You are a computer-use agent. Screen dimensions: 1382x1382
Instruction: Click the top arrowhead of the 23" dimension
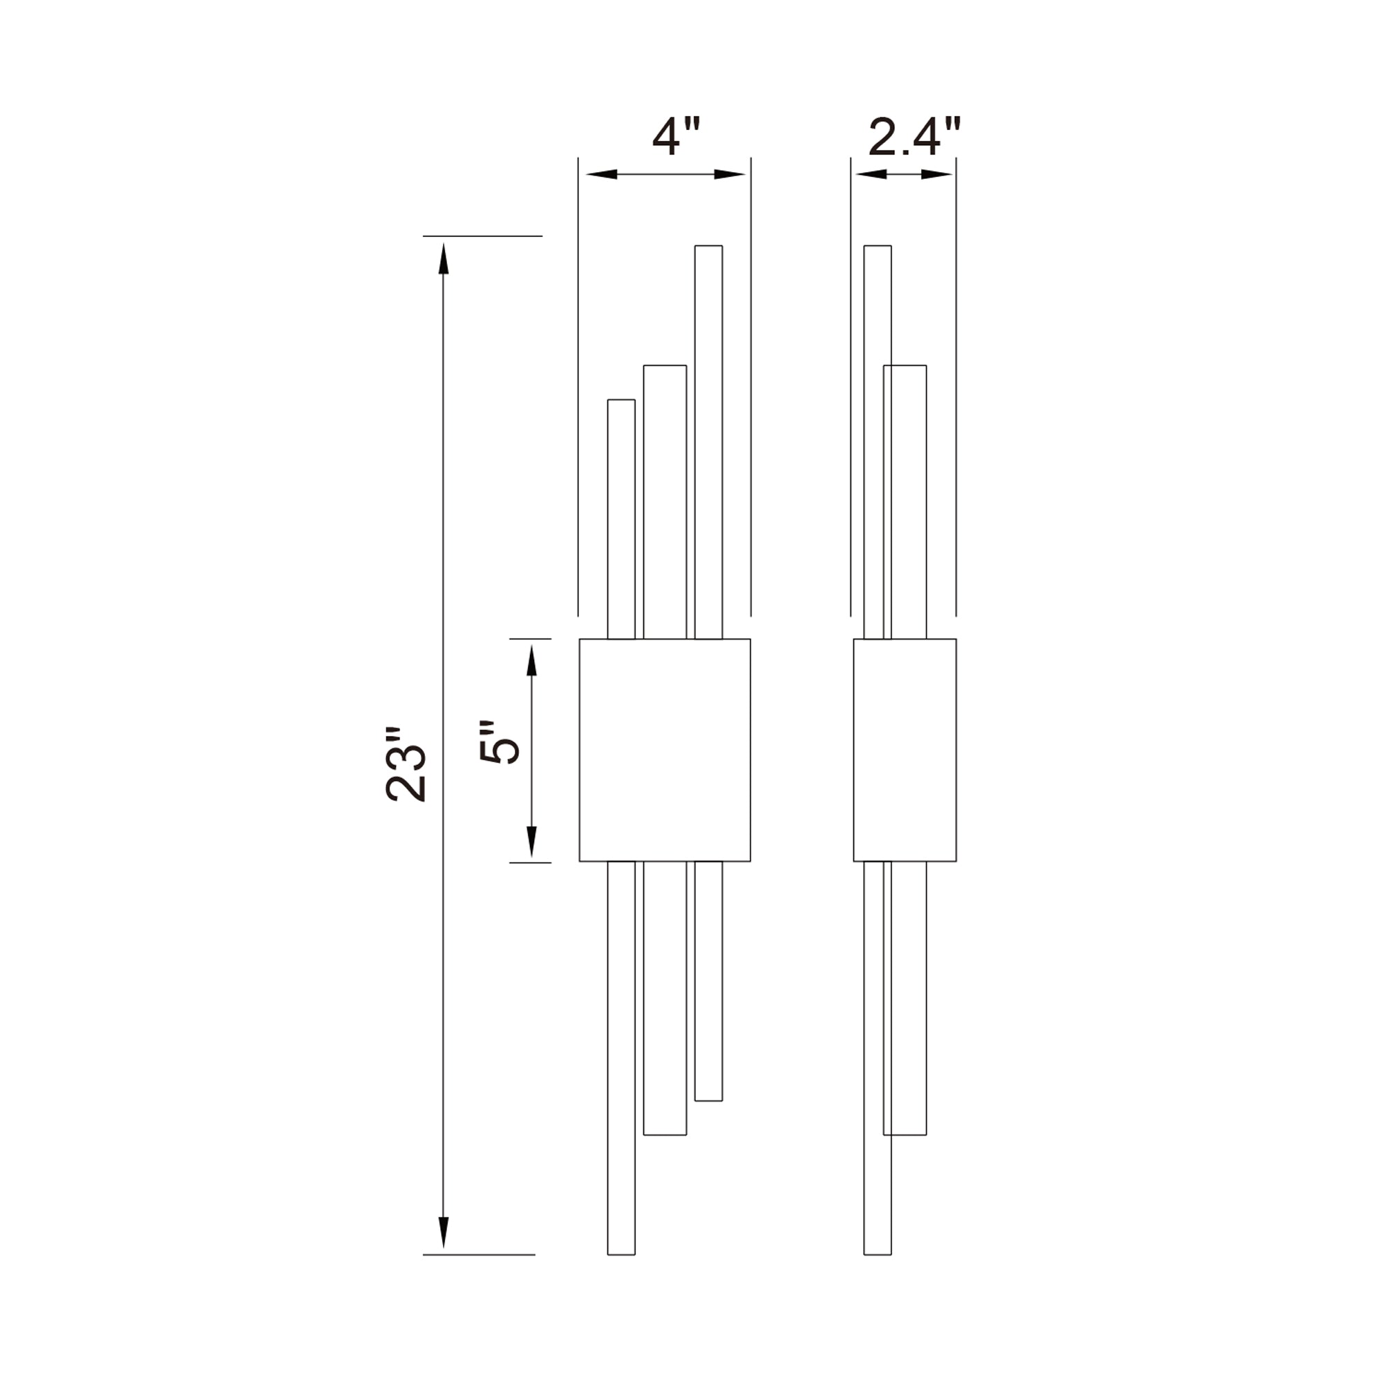(x=444, y=259)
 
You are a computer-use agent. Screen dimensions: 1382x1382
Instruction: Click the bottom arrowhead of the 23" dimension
(x=444, y=1233)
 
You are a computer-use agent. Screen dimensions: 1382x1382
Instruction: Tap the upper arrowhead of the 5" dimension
(x=531, y=660)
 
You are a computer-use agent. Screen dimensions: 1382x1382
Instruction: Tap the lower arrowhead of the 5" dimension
(x=531, y=841)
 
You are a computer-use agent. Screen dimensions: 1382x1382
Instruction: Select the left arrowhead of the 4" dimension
(x=602, y=174)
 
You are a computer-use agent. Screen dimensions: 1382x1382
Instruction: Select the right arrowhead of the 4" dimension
(x=730, y=174)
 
